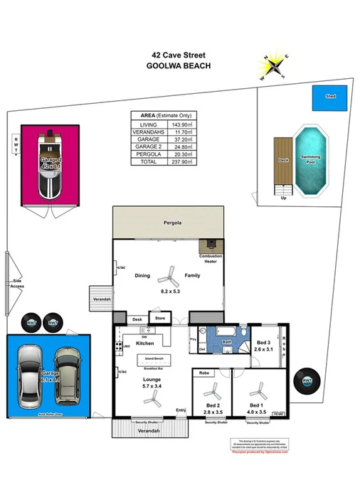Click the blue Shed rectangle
pyautogui.click(x=330, y=98)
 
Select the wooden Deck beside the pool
pyautogui.click(x=283, y=161)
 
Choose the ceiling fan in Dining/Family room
pyautogui.click(x=168, y=274)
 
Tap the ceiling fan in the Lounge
pyautogui.click(x=151, y=400)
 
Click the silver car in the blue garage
pyautogui.click(x=33, y=373)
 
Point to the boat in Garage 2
pyautogui.click(x=49, y=163)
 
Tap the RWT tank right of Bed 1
pyautogui.click(x=307, y=381)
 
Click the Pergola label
pyautogui.click(x=168, y=223)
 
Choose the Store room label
pyautogui.click(x=160, y=319)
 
